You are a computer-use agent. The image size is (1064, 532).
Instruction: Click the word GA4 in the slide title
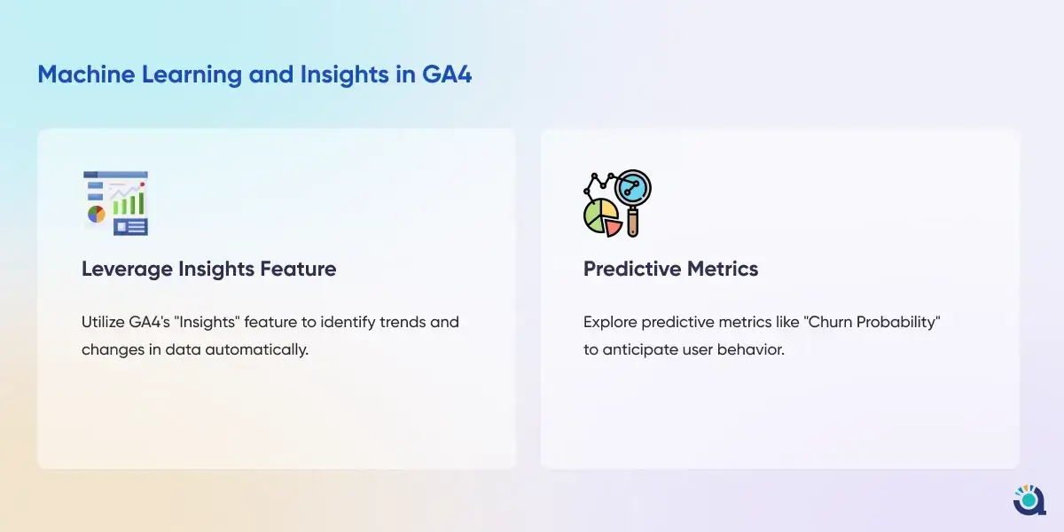click(x=447, y=74)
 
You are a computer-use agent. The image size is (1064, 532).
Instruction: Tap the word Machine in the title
click(x=86, y=74)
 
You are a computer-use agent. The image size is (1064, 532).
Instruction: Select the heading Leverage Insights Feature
click(x=209, y=269)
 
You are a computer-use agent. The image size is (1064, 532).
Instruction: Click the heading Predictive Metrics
click(x=670, y=269)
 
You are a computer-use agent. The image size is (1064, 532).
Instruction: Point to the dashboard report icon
click(x=116, y=203)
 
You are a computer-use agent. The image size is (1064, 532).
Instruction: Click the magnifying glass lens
click(x=633, y=189)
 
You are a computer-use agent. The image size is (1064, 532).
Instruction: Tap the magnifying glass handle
click(x=633, y=223)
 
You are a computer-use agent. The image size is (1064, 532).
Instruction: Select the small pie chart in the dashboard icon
click(x=96, y=215)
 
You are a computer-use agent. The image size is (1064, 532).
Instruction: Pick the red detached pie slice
click(x=614, y=228)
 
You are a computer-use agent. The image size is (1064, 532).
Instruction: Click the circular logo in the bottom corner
click(x=1029, y=500)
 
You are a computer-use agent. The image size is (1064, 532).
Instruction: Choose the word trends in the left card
click(x=403, y=322)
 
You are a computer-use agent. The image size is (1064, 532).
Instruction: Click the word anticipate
click(x=640, y=350)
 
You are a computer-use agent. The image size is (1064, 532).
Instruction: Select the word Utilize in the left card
click(x=103, y=322)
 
